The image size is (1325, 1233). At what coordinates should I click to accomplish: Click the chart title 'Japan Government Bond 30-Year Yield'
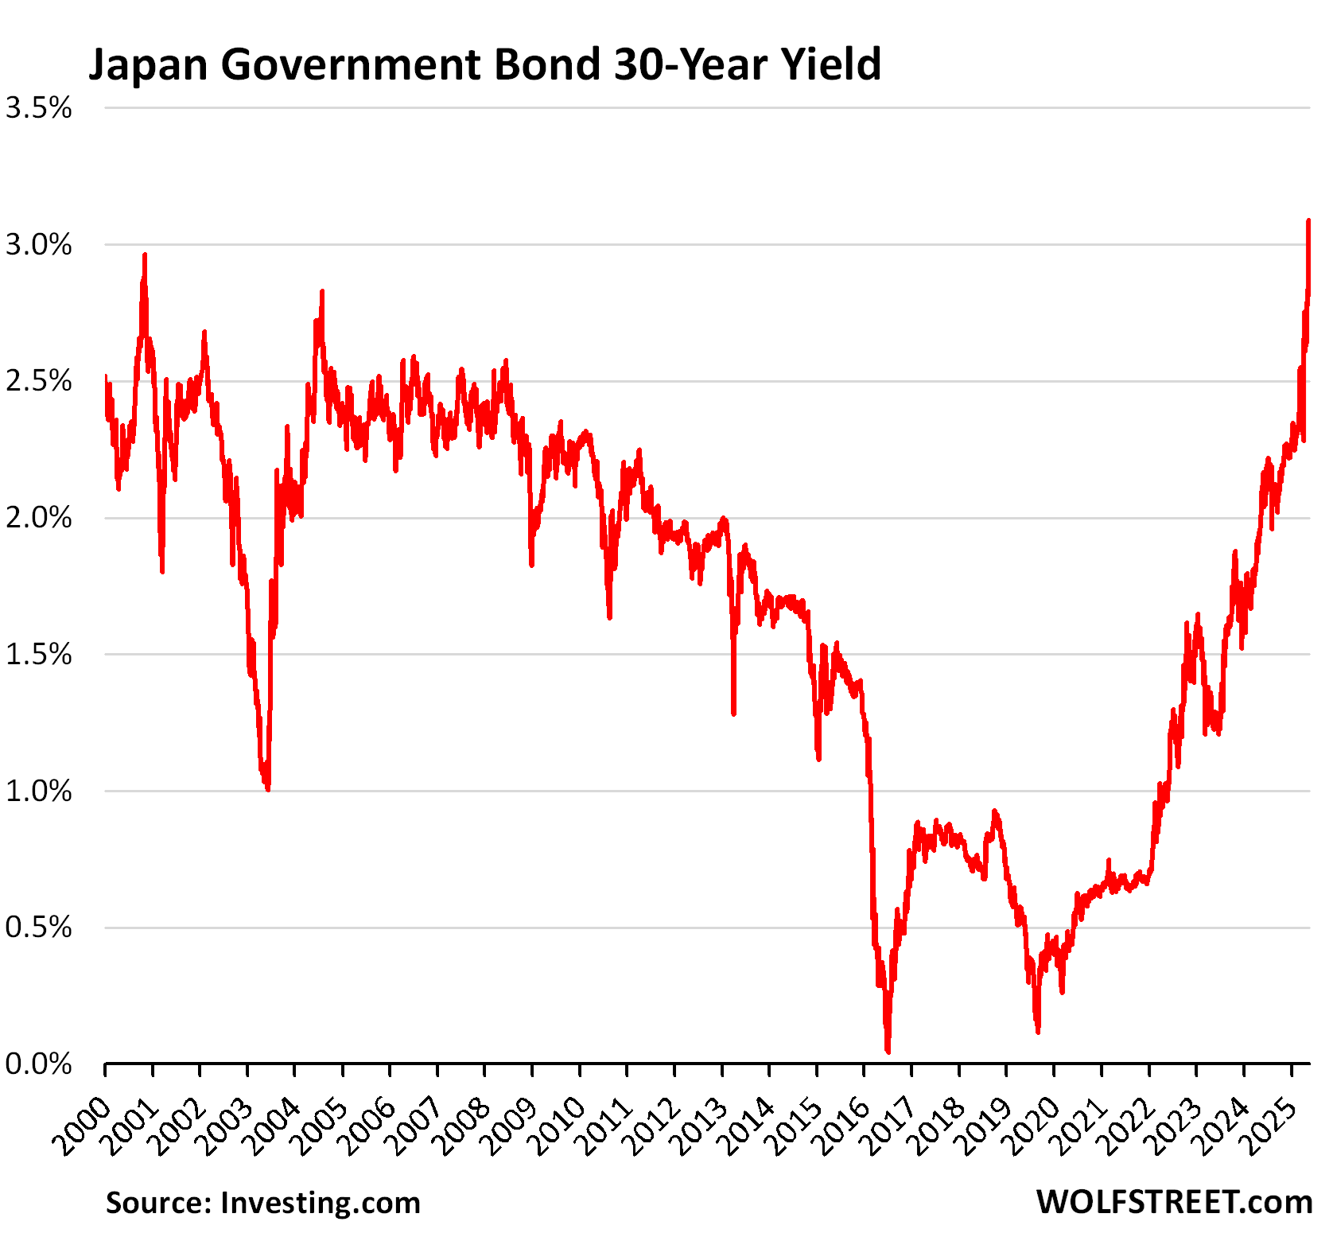pos(484,64)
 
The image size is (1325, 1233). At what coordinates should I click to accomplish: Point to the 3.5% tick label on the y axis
pos(38,108)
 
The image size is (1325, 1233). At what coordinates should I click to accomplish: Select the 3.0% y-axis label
pos(38,245)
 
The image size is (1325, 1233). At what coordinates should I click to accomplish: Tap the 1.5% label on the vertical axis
pos(38,655)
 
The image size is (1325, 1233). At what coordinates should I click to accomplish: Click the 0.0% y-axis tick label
pos(38,1064)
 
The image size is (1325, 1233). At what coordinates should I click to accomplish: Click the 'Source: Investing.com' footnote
pos(262,1203)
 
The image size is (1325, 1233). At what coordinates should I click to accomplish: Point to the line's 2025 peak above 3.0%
pos(1308,221)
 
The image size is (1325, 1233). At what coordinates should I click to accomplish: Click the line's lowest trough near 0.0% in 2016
pos(888,1051)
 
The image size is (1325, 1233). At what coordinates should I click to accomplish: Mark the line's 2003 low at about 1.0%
pos(267,788)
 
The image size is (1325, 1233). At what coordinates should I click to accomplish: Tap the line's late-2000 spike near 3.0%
pos(145,255)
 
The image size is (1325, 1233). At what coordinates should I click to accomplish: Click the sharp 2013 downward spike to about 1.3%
pos(733,713)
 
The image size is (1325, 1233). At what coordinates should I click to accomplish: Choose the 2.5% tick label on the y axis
pos(38,382)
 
